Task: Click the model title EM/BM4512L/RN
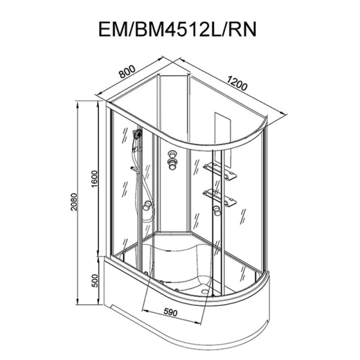(177, 29)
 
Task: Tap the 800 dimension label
(127, 71)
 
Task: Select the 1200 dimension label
(238, 83)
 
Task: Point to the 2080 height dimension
(74, 202)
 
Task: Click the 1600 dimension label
(95, 179)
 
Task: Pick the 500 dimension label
(95, 281)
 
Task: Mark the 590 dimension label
(170, 312)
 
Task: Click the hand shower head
(137, 134)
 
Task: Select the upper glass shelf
(220, 171)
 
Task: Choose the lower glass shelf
(220, 197)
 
